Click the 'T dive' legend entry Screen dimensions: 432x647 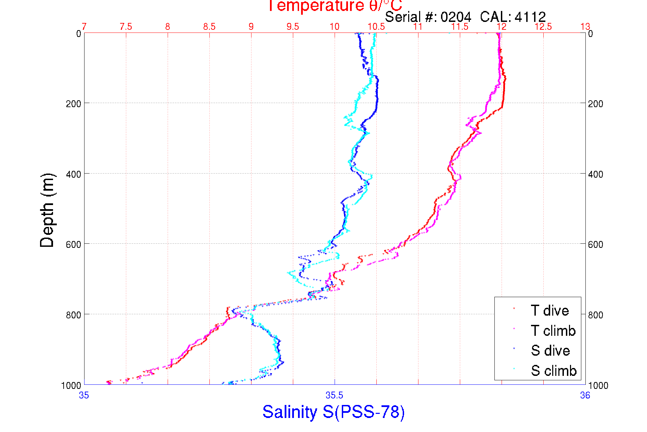pos(549,310)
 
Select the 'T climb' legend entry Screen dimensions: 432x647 pos(553,331)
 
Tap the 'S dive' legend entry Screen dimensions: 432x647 pos(550,351)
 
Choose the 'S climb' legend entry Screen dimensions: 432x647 pos(554,371)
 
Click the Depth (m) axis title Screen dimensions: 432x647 pos(47,210)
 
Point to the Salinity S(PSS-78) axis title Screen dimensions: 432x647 pos(334,412)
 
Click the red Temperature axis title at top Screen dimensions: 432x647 pos(335,6)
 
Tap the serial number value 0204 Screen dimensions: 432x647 pos(455,17)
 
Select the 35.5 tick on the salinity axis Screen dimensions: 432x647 pos(334,395)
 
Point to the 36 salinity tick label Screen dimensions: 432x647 pos(585,395)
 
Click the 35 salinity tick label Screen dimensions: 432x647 pos(84,395)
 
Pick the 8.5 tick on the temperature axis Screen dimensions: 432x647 pos(209,27)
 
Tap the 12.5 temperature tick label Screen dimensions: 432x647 pos(543,27)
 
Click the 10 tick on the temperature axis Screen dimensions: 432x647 pos(334,27)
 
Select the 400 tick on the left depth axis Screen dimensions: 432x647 pos(73,174)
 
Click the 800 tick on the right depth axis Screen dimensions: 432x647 pos(595,315)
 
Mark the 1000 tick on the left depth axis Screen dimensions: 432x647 pos(71,385)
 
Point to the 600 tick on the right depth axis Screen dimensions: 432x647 pos(595,244)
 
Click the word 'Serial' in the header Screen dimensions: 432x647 pos(403,17)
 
